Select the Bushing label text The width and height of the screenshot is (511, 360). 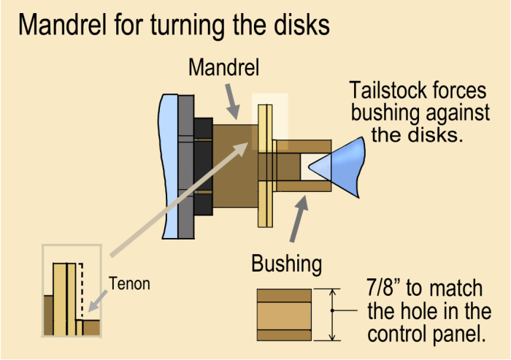point(286,264)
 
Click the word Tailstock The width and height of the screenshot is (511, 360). point(387,92)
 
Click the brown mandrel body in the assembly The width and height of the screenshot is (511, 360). point(232,168)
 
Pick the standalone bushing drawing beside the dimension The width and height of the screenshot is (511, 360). point(284,315)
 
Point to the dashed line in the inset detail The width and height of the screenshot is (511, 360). point(81,288)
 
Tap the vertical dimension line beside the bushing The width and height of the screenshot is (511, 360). point(332,315)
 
